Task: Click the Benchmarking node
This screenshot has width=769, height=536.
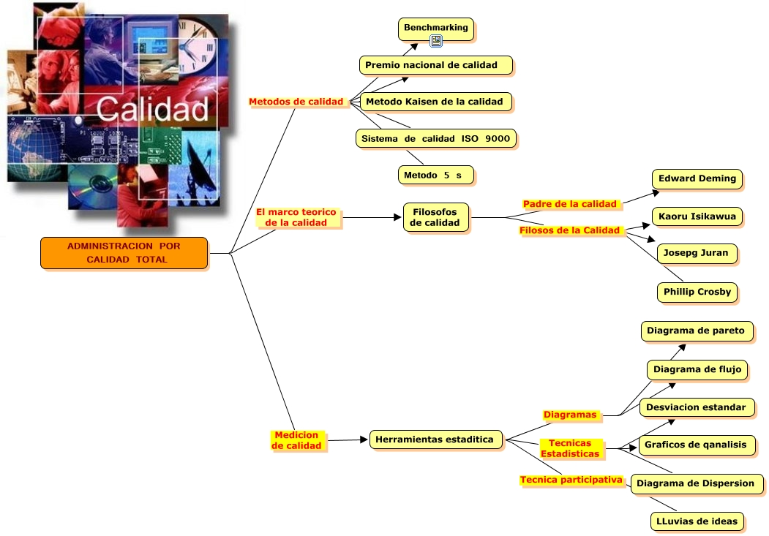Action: [x=435, y=28]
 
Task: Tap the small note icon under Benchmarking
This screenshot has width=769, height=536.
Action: [x=436, y=41]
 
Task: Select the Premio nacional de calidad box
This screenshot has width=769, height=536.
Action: [x=435, y=65]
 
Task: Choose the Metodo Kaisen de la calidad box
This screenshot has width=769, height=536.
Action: [x=434, y=102]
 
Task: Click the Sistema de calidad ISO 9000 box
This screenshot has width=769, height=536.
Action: [x=436, y=137]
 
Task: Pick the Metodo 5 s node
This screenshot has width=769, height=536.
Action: [x=435, y=175]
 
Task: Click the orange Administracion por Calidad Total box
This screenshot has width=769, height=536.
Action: [x=124, y=253]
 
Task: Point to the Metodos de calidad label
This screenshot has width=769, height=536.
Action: [x=296, y=102]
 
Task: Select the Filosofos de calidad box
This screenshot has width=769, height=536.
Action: [x=435, y=217]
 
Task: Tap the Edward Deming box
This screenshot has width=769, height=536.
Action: [x=697, y=179]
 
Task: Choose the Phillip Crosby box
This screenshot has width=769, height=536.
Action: [x=697, y=292]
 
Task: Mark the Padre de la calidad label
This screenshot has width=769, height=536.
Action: [x=570, y=204]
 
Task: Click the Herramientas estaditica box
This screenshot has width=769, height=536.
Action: [x=435, y=439]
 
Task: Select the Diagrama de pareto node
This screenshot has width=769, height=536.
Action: [x=696, y=331]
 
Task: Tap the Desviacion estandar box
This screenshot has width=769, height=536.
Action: [x=696, y=407]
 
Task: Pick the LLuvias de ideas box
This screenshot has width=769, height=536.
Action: [x=696, y=521]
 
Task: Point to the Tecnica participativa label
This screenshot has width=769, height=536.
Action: [x=571, y=480]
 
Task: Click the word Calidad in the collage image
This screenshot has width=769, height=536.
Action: [x=152, y=108]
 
